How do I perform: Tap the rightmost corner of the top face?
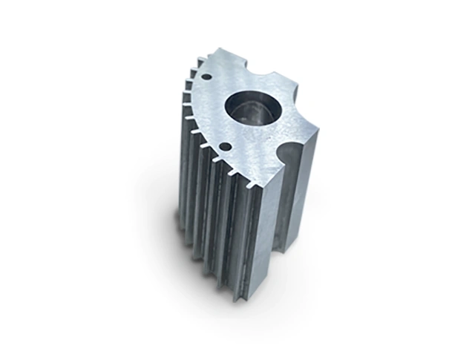318,136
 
